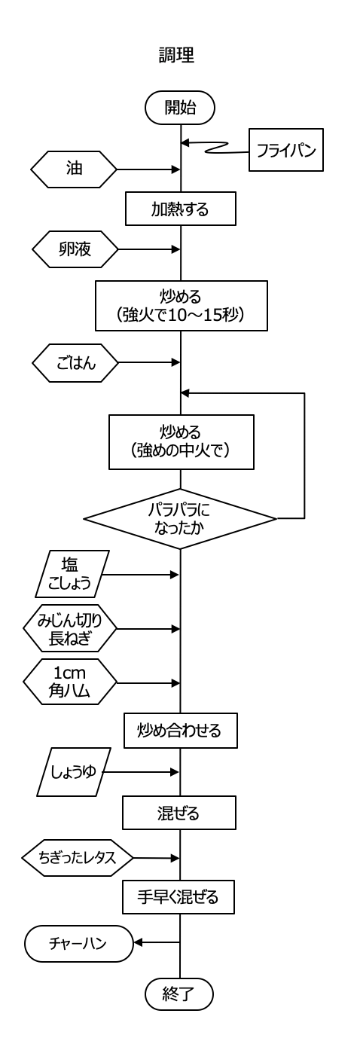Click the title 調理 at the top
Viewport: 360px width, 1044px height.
tap(176, 56)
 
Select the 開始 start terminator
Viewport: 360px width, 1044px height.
tap(180, 108)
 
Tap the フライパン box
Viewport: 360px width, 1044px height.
tap(286, 150)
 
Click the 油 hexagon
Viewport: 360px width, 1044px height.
tap(74, 169)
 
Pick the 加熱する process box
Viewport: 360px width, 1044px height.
tap(180, 209)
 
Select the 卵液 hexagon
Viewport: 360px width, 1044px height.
tap(75, 249)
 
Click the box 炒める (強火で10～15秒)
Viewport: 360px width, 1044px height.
tap(182, 306)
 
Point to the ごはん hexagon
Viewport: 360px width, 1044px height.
tap(75, 363)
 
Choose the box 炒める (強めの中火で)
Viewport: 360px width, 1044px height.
tap(182, 442)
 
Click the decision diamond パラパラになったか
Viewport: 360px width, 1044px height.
tap(180, 519)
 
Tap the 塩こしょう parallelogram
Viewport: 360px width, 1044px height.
tap(72, 574)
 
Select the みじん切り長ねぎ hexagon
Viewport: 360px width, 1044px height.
tap(70, 629)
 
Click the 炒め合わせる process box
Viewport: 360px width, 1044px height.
tap(180, 731)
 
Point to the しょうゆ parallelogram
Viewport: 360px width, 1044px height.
tap(74, 772)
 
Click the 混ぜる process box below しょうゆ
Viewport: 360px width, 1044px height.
tap(178, 813)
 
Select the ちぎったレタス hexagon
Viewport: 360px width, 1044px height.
tap(78, 857)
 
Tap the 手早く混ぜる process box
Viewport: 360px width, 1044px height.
tap(178, 896)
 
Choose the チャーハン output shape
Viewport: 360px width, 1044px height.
tap(79, 943)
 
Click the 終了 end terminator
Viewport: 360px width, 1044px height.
tap(179, 994)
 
